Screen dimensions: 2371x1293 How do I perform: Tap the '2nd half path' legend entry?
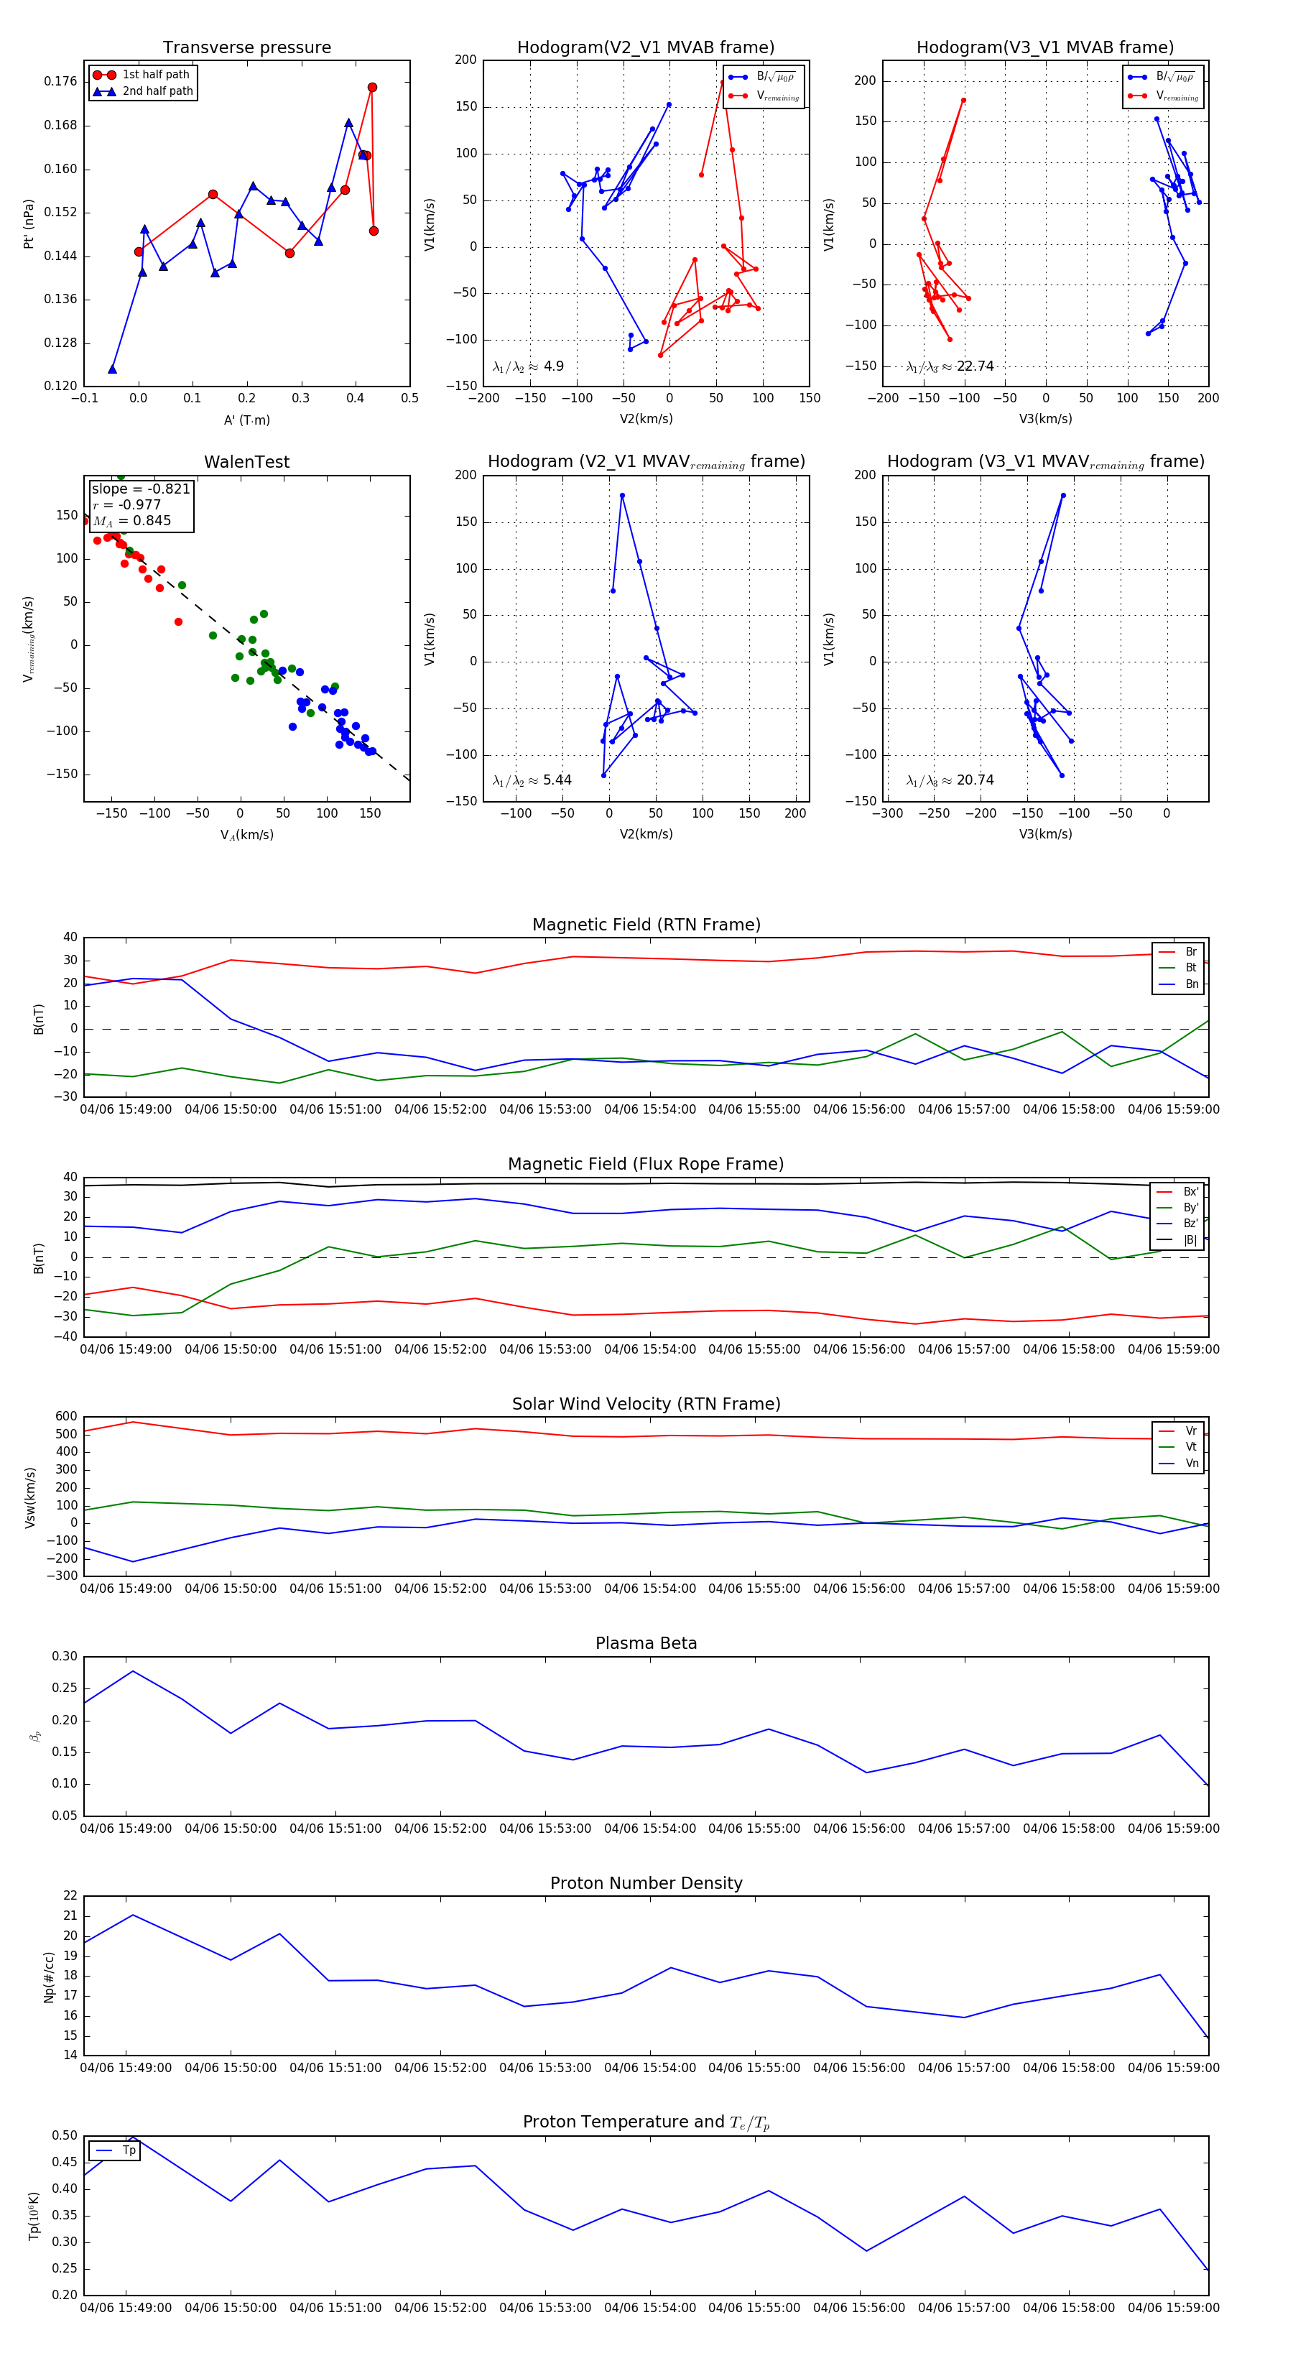pos(157,91)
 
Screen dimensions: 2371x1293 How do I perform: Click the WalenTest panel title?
pos(246,462)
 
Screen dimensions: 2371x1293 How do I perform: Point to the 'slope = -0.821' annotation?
pos(141,489)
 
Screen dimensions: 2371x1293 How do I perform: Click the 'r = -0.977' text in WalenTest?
pos(127,504)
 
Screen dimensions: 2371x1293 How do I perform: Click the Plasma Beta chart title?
pos(646,1644)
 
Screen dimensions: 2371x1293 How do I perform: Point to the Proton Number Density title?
pos(646,1883)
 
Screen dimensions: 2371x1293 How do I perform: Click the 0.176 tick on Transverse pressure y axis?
pos(61,82)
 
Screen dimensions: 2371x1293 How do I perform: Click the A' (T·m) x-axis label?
pos(246,420)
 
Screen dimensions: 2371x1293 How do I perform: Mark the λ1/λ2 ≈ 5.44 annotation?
pos(532,780)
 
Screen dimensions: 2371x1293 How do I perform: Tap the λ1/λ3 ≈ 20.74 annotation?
pos(950,780)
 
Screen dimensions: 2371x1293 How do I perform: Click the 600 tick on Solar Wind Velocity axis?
pos(66,1417)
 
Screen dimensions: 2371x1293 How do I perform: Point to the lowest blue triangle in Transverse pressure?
pos(112,369)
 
